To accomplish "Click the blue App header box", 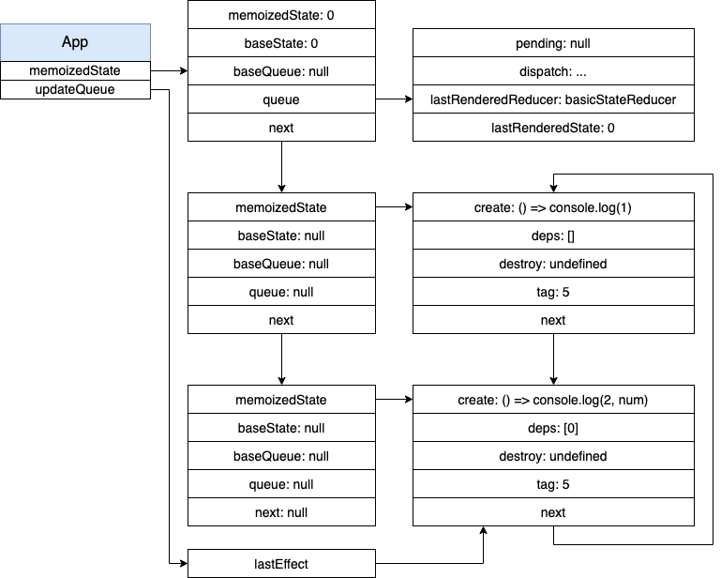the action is pos(75,42).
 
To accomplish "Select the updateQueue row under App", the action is pos(75,89).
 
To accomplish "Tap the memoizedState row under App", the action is pos(75,70).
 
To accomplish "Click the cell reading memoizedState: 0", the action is pos(281,15).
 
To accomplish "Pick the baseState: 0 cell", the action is pos(281,43).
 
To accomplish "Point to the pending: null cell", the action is pos(553,43).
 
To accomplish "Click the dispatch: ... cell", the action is pos(553,71).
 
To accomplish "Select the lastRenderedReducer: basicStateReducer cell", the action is pos(553,99).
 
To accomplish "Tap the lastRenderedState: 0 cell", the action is pos(553,127).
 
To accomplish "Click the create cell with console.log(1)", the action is pos(553,207).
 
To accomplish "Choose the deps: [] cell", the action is pos(553,236).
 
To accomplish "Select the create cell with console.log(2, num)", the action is pos(553,400).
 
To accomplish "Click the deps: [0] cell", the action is pos(553,428).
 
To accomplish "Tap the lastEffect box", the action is pos(281,563).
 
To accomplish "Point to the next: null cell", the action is pos(281,511).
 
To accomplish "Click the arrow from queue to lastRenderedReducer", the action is pos(394,99).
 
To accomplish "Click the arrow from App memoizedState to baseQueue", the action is pos(169,71).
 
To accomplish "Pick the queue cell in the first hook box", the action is pos(281,99).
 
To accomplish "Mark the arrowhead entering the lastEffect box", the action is pos(185,563).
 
